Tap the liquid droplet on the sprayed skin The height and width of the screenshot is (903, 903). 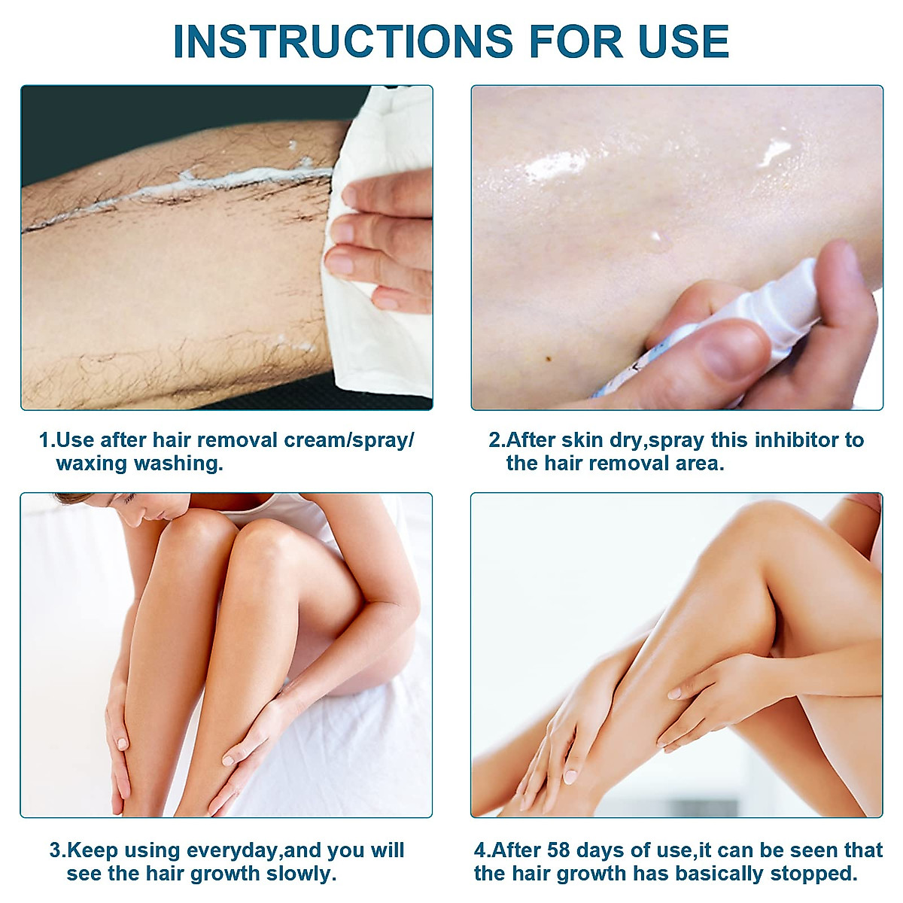click(x=659, y=240)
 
